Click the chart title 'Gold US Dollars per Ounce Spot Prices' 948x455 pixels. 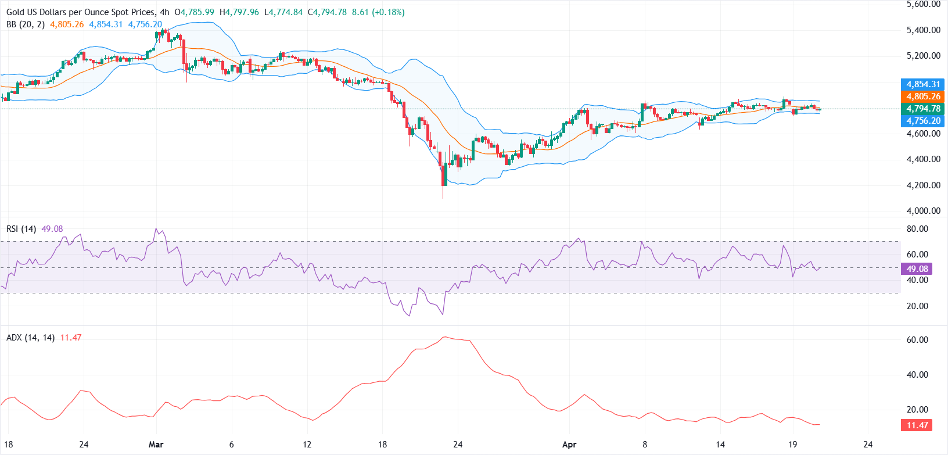pyautogui.click(x=81, y=12)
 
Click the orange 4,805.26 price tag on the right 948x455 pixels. pyautogui.click(x=923, y=96)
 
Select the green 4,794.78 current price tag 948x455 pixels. pyautogui.click(x=923, y=109)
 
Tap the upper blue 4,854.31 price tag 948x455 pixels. pyautogui.click(x=923, y=84)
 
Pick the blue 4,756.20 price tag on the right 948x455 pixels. pyautogui.click(x=923, y=121)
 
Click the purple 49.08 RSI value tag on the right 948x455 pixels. pyautogui.click(x=917, y=269)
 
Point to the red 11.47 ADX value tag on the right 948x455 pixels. pyautogui.click(x=917, y=425)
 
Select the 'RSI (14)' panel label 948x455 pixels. pyautogui.click(x=21, y=229)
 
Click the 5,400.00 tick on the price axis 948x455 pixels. pyautogui.click(x=923, y=30)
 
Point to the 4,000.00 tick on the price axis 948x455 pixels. pyautogui.click(x=923, y=211)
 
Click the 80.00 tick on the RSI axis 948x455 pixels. pyautogui.click(x=917, y=229)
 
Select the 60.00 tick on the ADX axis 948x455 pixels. pyautogui.click(x=917, y=340)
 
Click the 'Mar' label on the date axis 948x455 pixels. pyautogui.click(x=156, y=445)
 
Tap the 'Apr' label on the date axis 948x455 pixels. pyautogui.click(x=569, y=445)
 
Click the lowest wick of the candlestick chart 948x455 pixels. pyautogui.click(x=443, y=198)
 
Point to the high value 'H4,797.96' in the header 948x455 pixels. pyautogui.click(x=239, y=12)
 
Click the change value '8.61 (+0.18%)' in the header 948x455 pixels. pyautogui.click(x=378, y=12)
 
